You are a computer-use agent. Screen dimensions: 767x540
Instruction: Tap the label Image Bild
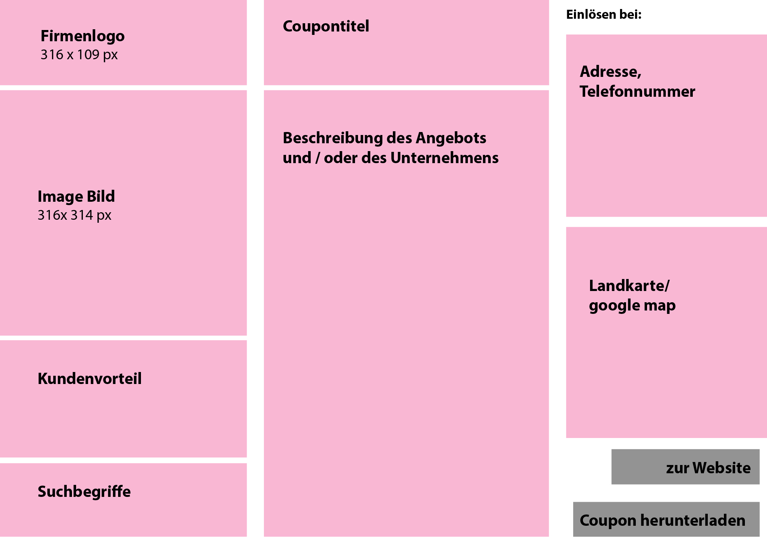tap(76, 197)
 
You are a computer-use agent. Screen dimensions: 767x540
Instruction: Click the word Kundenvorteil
tap(90, 379)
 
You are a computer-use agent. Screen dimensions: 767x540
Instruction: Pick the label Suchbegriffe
tap(84, 492)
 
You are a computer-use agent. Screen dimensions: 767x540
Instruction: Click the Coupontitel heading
tap(326, 26)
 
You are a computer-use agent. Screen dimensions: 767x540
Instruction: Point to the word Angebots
tap(451, 138)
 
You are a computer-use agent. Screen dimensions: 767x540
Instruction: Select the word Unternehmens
tap(445, 158)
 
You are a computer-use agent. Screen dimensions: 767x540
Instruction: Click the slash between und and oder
tap(318, 158)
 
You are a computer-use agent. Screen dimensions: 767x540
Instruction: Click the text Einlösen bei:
tap(604, 15)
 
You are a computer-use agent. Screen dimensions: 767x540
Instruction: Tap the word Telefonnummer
tap(637, 91)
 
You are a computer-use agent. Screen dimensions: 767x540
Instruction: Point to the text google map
tap(632, 306)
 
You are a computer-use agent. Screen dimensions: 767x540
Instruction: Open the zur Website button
tap(685, 467)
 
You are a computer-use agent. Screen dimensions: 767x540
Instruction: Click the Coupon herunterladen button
tap(666, 519)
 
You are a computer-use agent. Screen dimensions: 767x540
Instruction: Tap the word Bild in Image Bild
tap(101, 196)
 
